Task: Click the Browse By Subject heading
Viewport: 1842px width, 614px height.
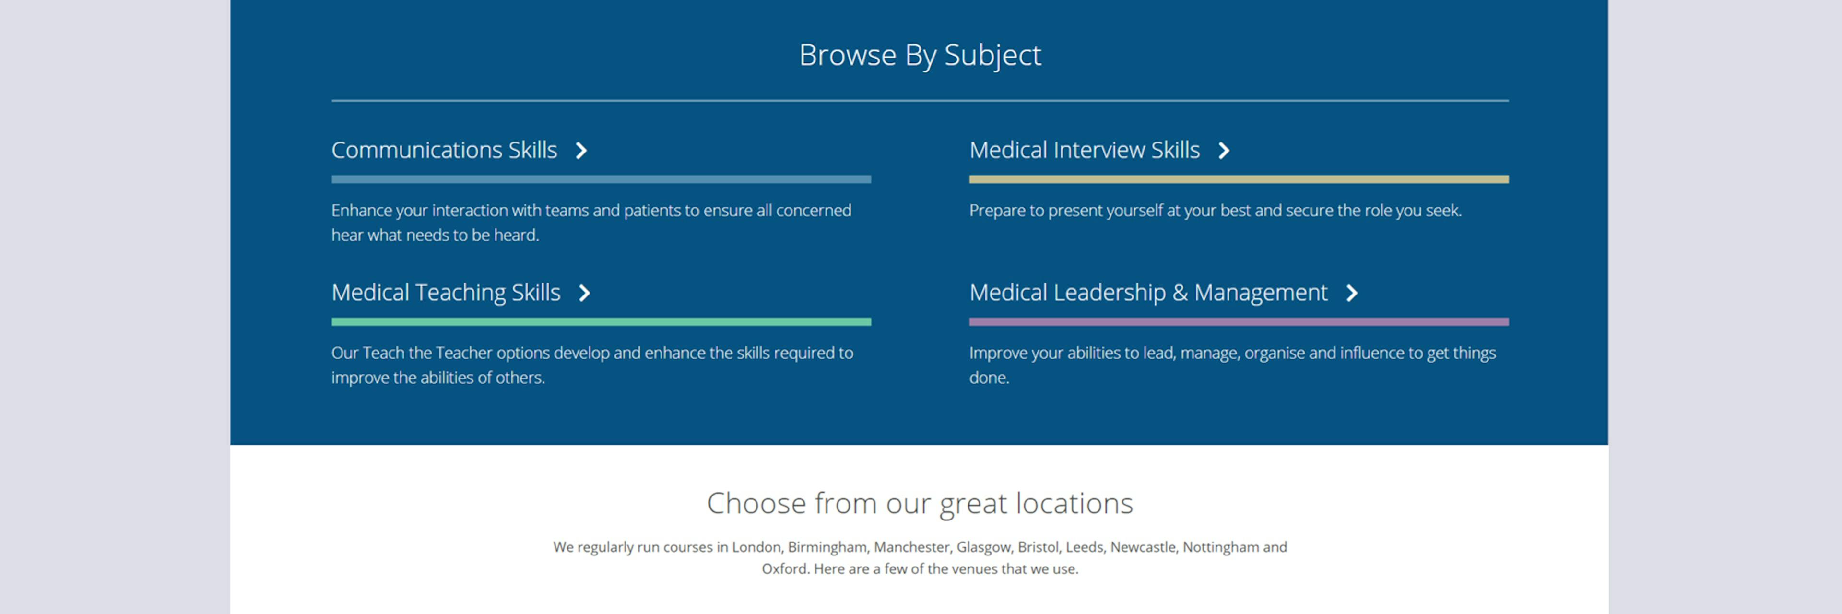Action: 920,56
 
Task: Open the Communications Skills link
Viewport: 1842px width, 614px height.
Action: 444,150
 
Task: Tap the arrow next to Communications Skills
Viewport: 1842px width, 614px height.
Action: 581,151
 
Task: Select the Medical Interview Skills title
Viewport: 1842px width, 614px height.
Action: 1084,150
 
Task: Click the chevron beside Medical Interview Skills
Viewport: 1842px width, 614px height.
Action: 1224,151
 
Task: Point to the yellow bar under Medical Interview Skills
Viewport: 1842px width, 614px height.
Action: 1239,179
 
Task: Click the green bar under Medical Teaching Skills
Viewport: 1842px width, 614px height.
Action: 601,322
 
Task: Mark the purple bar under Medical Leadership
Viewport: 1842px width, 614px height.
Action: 1239,322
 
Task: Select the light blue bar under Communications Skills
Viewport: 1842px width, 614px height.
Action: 601,179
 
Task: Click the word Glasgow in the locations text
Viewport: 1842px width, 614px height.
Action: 984,547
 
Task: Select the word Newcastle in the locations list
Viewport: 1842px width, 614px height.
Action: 1143,547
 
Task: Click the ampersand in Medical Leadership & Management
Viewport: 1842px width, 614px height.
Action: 1180,292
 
